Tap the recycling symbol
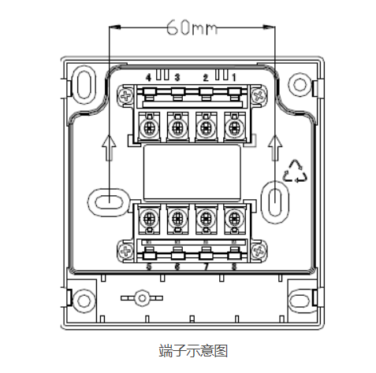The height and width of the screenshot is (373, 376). point(297,170)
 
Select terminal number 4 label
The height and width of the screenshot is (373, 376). point(149,76)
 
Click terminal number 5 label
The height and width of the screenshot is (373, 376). point(148,266)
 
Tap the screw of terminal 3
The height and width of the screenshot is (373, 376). point(177,126)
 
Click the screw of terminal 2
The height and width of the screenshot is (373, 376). point(205,126)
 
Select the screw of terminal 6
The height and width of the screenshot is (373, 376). point(177,216)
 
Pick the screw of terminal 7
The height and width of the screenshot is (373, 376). point(205,216)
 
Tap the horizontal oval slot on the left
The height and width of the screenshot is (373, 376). point(107,200)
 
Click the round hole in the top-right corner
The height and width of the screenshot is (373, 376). point(298,84)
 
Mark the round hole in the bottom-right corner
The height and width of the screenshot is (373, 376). point(298,299)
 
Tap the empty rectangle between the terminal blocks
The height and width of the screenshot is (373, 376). point(191,171)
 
